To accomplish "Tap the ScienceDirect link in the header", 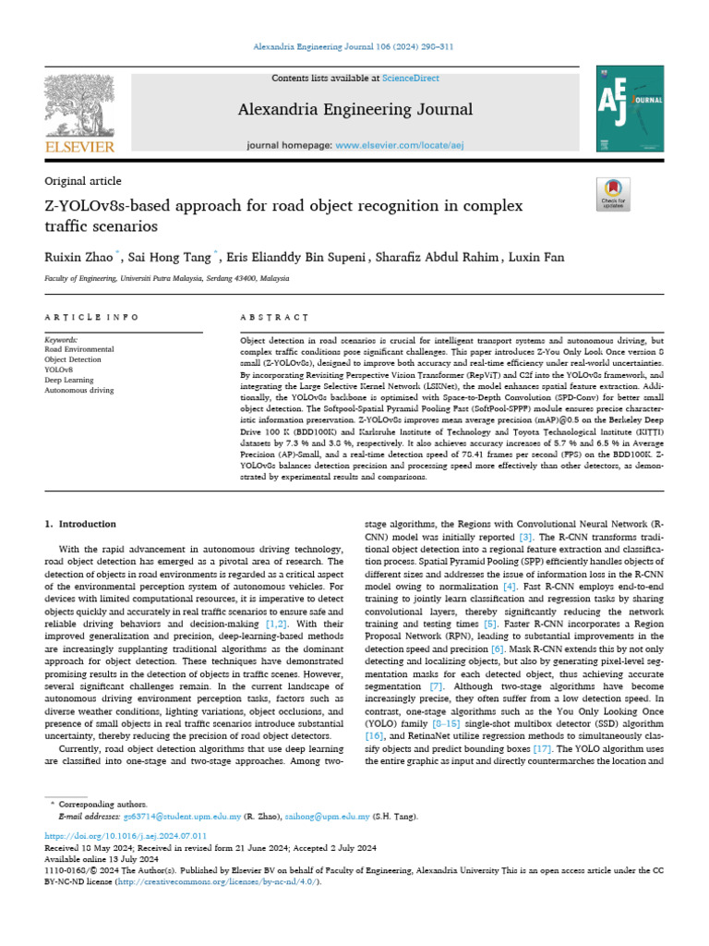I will tap(413, 79).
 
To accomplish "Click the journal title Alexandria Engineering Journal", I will tap(355, 110).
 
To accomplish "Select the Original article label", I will tap(83, 181).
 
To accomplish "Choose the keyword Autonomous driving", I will tap(78, 390).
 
